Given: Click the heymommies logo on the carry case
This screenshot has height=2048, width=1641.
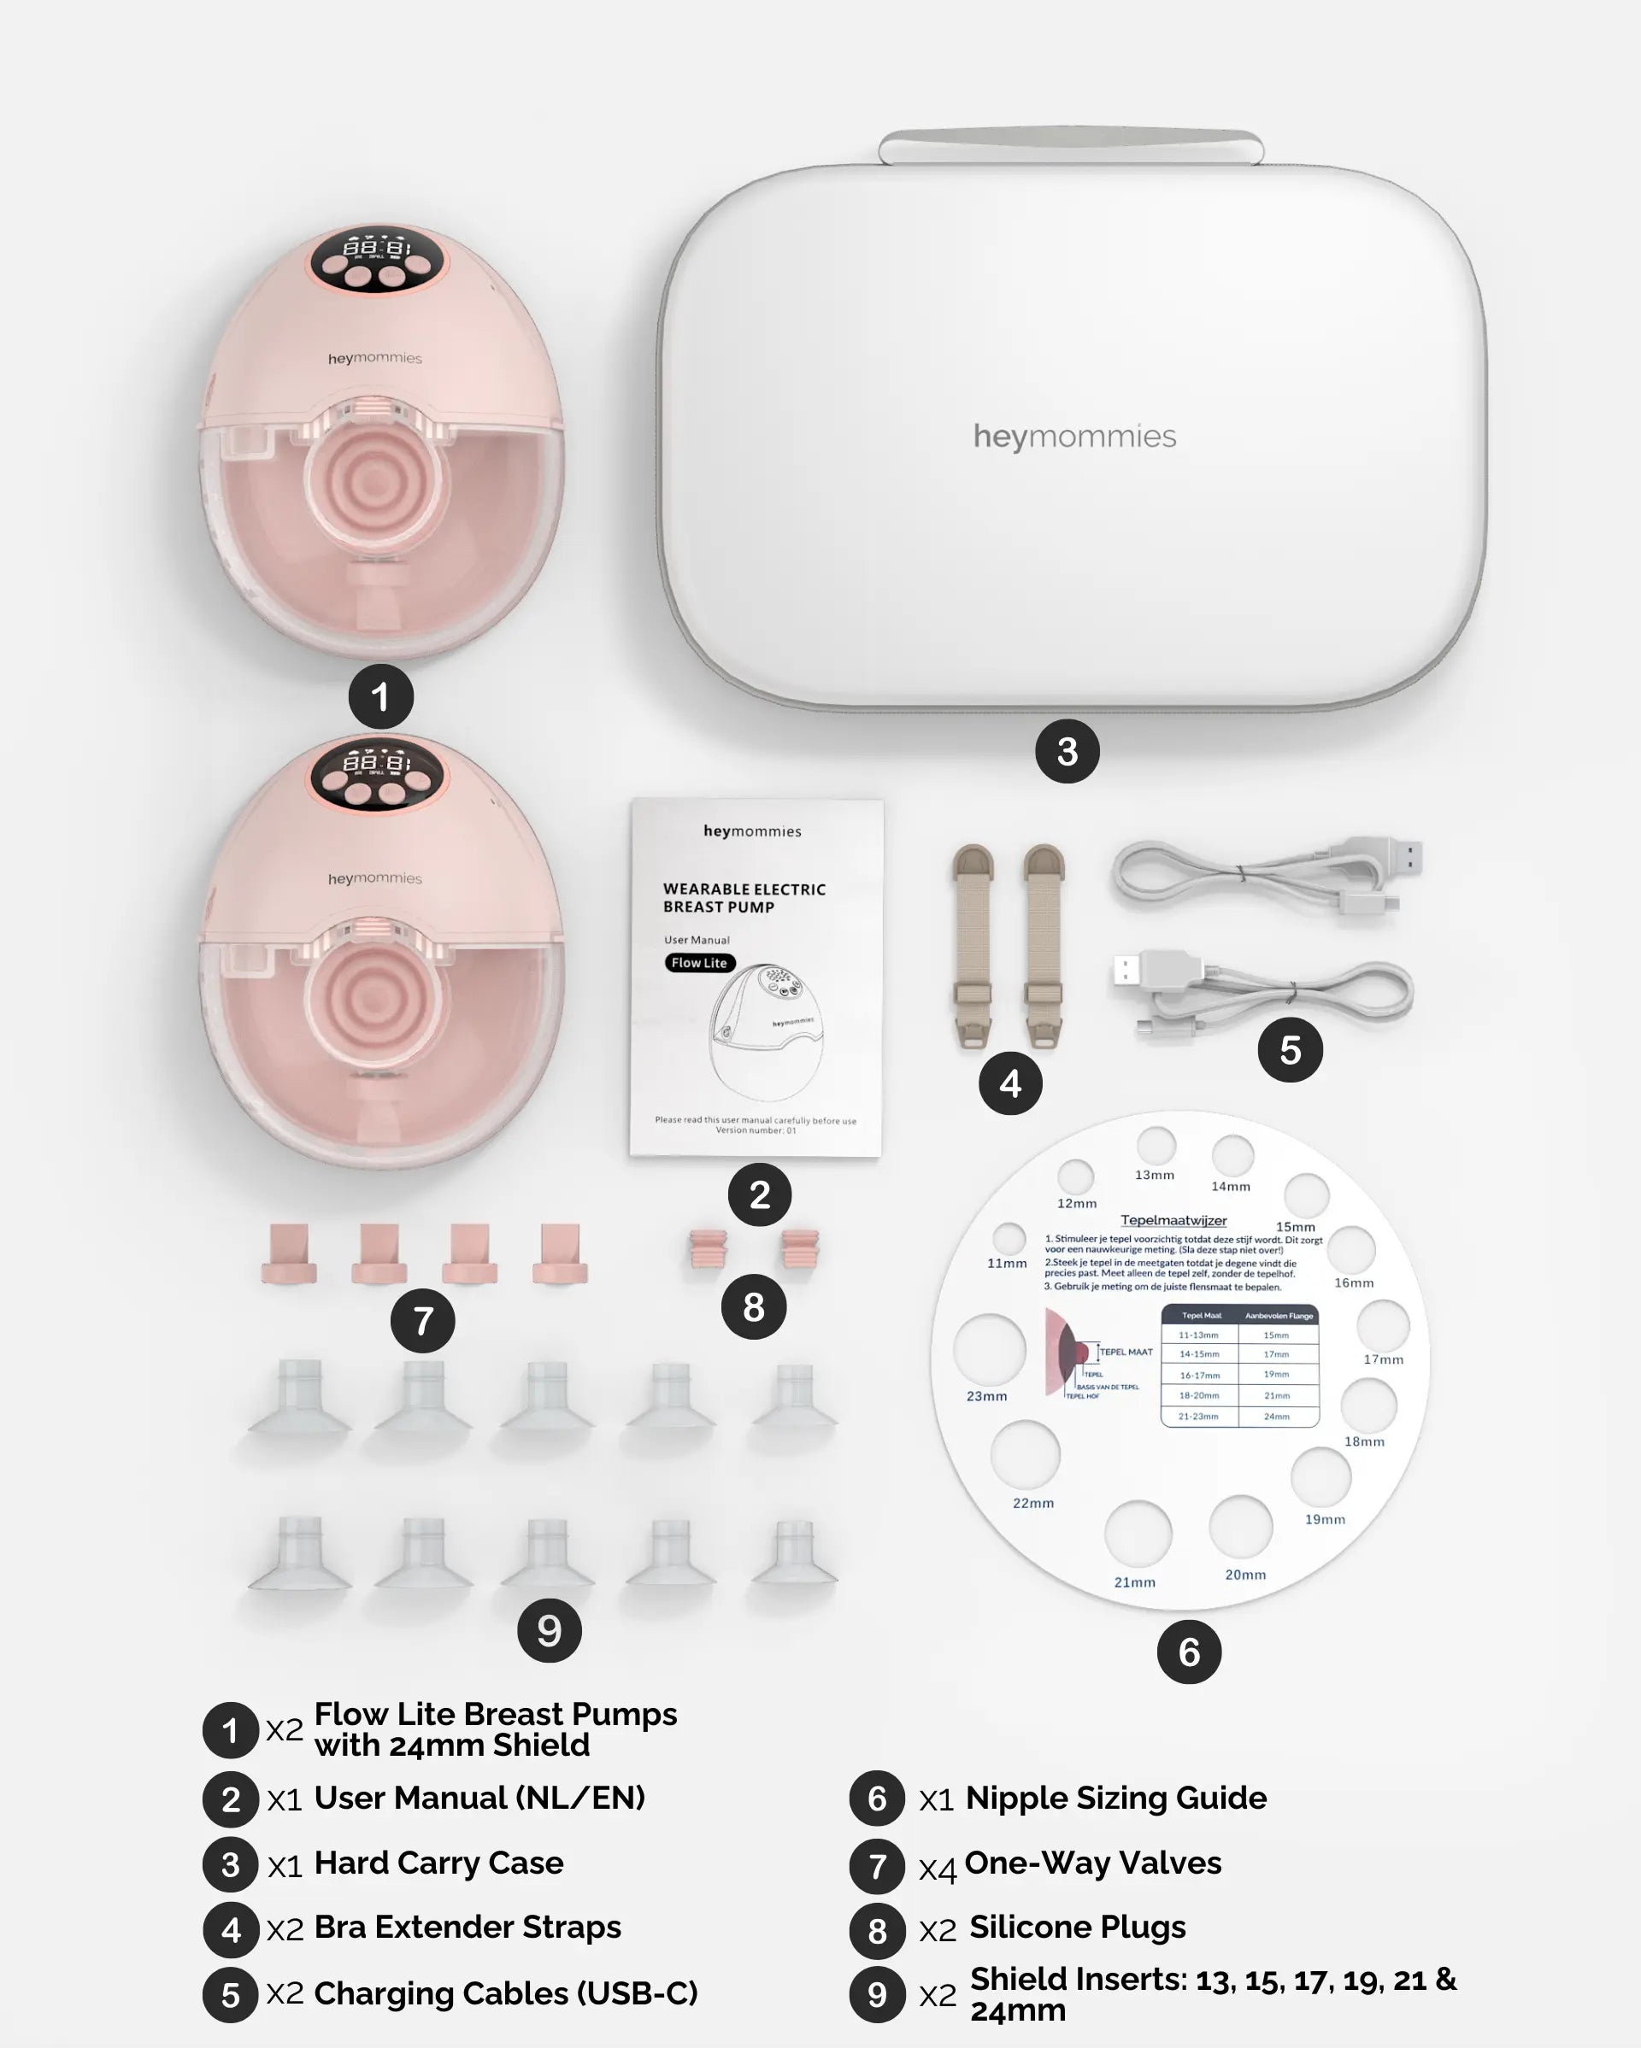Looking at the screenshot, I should (1073, 436).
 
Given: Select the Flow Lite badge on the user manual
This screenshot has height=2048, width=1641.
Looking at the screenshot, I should (699, 962).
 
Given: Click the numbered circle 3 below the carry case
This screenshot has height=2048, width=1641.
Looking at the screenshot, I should (1068, 751).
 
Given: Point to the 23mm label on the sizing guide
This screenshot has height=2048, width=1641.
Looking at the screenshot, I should (986, 1395).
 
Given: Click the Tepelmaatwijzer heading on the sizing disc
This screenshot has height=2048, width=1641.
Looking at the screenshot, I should (1173, 1221).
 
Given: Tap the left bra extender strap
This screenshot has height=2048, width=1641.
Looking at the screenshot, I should (972, 945).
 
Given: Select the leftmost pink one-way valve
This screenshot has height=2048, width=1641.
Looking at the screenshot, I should (289, 1254).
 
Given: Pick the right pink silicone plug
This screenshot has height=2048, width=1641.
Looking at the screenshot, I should (800, 1249).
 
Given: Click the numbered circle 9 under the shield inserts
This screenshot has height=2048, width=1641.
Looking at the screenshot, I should (550, 1630).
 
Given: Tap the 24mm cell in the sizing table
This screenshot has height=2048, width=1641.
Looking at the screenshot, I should (1276, 1417).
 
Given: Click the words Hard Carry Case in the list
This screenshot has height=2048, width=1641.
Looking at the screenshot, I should (438, 1863).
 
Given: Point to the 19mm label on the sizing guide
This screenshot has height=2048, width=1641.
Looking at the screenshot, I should (1325, 1519).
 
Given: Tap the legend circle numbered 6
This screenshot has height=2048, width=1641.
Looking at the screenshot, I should (877, 1799).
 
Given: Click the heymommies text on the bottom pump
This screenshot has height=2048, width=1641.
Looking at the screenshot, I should (374, 878).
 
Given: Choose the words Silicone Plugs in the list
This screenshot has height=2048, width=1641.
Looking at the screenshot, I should (1077, 1927).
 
